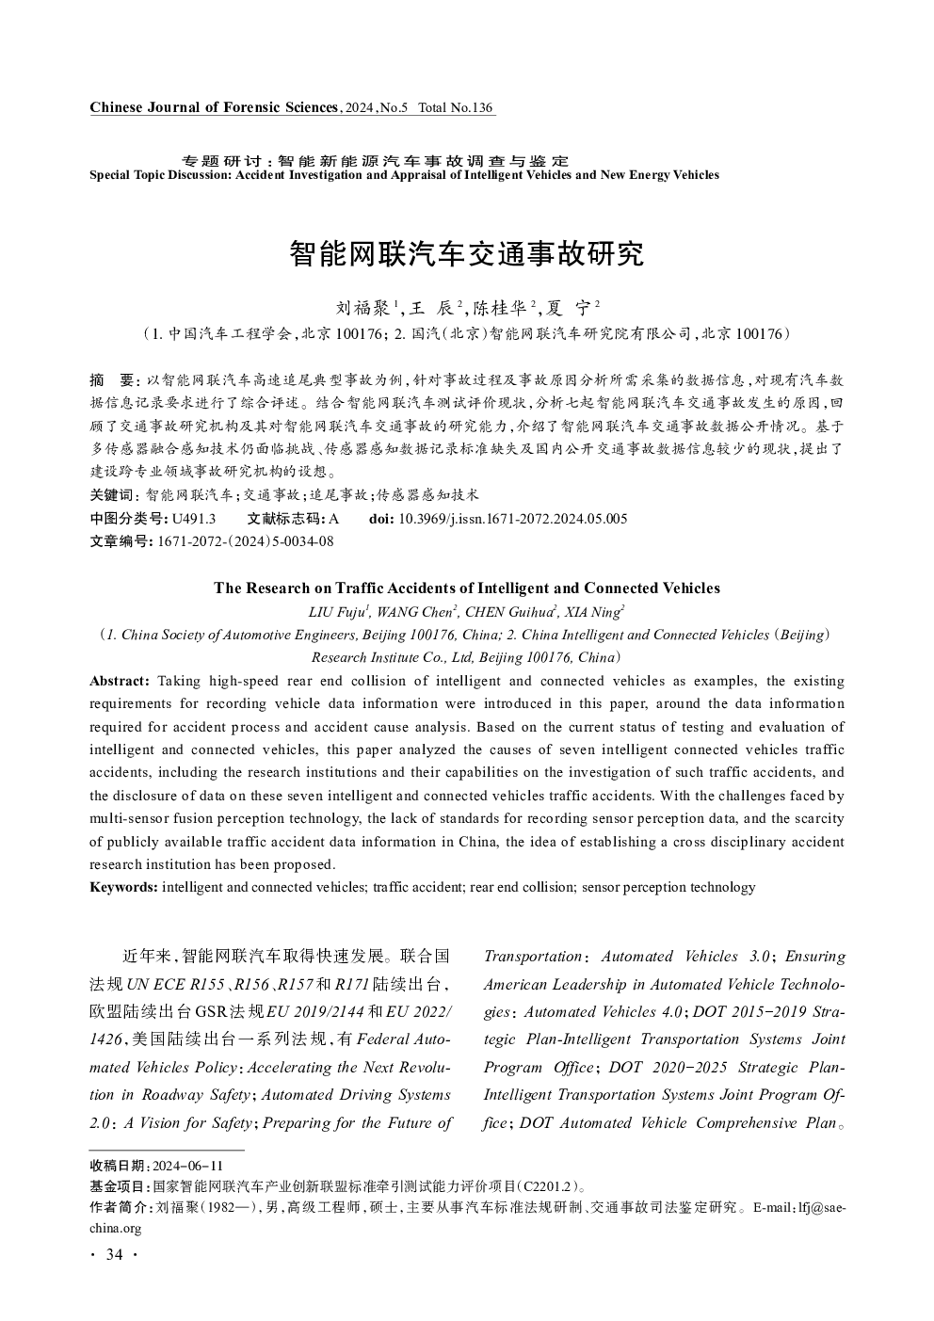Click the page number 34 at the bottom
[115, 1254]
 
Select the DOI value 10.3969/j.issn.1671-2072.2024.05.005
[513, 519]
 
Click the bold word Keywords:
[123, 887]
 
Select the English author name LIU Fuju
[338, 612]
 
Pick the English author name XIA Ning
[592, 612]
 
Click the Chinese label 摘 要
[113, 380]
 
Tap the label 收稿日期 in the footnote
[119, 1166]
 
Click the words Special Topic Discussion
[159, 175]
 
